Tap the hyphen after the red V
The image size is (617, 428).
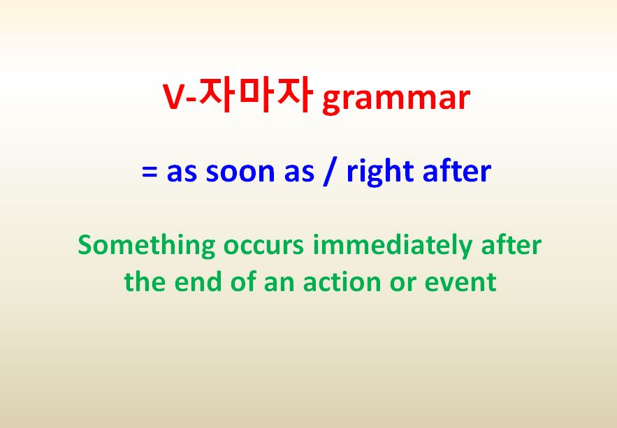pyautogui.click(x=191, y=99)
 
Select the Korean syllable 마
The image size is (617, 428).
pyautogui.click(x=256, y=94)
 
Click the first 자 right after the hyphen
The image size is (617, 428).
pyautogui.click(x=217, y=94)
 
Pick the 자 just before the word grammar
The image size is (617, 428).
pyautogui.click(x=295, y=94)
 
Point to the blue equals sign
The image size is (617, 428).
pyautogui.click(x=150, y=172)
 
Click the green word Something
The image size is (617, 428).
pyautogui.click(x=146, y=246)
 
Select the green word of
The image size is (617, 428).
pyautogui.click(x=244, y=281)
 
